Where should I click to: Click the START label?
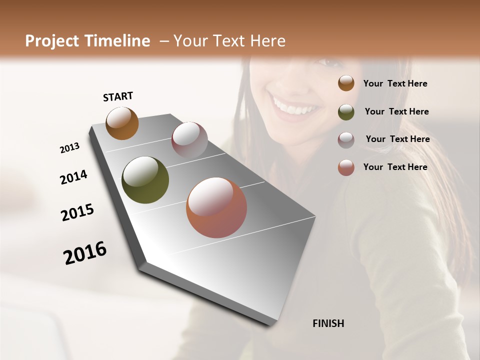(x=118, y=96)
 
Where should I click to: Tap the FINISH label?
(x=328, y=323)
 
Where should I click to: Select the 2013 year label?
(x=69, y=148)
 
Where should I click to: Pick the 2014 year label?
(x=73, y=177)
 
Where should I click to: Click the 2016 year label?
(x=85, y=253)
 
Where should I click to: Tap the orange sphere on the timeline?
(x=122, y=123)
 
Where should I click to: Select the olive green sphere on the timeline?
(x=145, y=180)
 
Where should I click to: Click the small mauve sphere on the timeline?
(x=189, y=140)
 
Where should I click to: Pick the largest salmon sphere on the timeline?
(x=216, y=208)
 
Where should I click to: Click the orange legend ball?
(x=346, y=83)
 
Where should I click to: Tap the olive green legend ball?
(x=346, y=112)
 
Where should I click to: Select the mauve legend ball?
(x=346, y=140)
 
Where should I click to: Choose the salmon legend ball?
(x=346, y=167)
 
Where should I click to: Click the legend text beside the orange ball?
(x=395, y=84)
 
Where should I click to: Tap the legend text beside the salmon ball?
(x=395, y=167)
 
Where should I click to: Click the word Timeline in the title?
(x=117, y=41)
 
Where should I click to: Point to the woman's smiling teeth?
(x=294, y=107)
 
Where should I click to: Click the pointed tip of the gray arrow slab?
(x=270, y=324)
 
